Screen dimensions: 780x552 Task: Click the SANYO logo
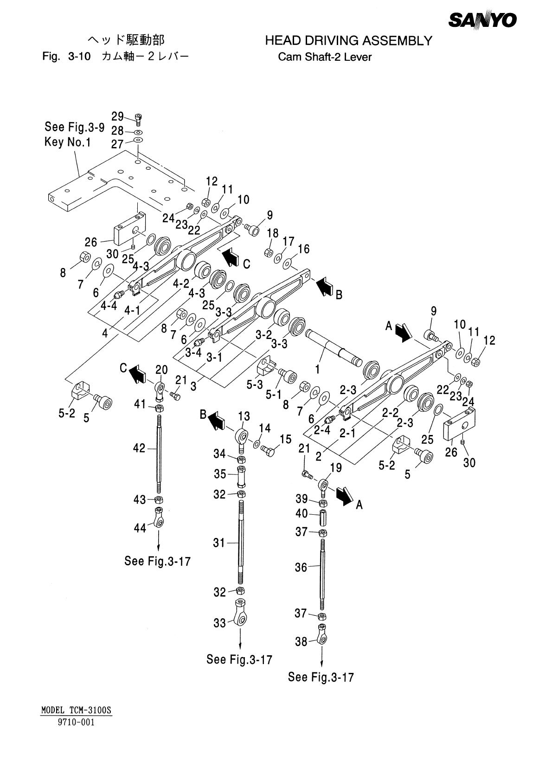tap(482, 20)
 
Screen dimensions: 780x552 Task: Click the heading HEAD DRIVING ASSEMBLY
tap(348, 41)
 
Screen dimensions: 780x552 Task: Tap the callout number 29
tap(118, 116)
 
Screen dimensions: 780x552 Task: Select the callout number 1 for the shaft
tap(317, 369)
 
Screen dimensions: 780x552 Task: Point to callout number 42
tap(139, 448)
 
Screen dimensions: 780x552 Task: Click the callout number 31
tap(219, 543)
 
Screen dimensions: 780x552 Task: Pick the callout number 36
tap(301, 567)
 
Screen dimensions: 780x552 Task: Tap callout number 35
tap(220, 474)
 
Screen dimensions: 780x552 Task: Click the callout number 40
tap(302, 513)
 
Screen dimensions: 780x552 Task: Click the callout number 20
tap(161, 370)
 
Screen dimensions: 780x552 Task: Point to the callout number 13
tap(244, 416)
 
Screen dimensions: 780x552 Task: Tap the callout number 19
tap(335, 468)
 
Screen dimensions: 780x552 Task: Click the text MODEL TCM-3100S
tap(77, 710)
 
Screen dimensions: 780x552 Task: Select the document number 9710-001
tap(76, 722)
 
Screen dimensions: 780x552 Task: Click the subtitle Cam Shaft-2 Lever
tap(325, 58)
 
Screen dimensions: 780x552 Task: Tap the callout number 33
tap(220, 623)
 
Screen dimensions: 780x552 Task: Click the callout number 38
tap(302, 642)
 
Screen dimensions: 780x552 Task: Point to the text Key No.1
tap(67, 142)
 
